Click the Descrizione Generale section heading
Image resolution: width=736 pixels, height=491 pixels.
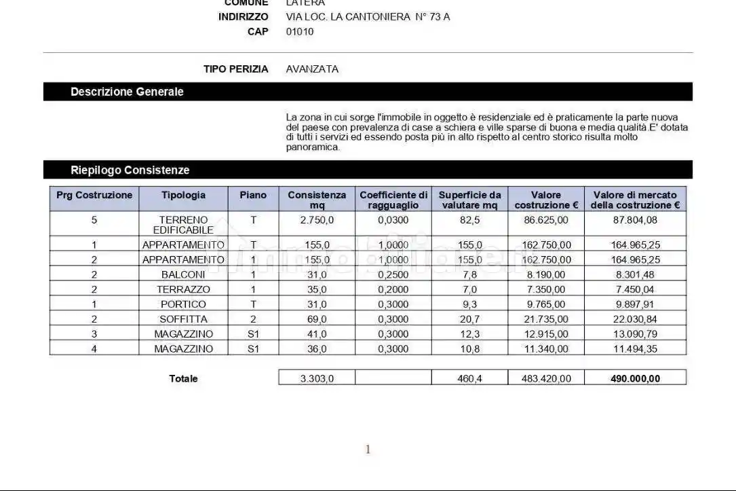(127, 92)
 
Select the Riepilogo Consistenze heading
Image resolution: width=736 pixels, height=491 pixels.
(130, 170)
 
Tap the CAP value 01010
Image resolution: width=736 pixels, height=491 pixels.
(300, 31)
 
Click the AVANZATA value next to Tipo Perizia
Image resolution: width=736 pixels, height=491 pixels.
(312, 69)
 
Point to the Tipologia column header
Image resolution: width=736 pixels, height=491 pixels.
(183, 195)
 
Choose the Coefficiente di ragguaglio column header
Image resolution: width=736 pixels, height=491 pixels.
(393, 200)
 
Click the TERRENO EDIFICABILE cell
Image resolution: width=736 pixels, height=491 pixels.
(183, 225)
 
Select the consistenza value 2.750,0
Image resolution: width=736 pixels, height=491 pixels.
(317, 220)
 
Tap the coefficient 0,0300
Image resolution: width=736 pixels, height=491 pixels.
(393, 220)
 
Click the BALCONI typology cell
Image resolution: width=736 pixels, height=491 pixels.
(183, 274)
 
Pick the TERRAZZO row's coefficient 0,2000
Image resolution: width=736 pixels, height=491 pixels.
(393, 289)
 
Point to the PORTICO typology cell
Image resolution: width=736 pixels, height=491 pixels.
(183, 304)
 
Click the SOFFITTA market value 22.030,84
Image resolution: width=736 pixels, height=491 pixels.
(635, 319)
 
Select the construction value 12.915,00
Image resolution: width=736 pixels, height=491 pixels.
(546, 334)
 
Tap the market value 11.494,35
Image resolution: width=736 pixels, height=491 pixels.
(635, 349)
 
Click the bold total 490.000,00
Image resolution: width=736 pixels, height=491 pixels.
(635, 379)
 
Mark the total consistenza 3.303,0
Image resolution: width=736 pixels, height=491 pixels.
(317, 379)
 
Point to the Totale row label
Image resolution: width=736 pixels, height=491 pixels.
(183, 379)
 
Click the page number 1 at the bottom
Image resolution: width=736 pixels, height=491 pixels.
(368, 449)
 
